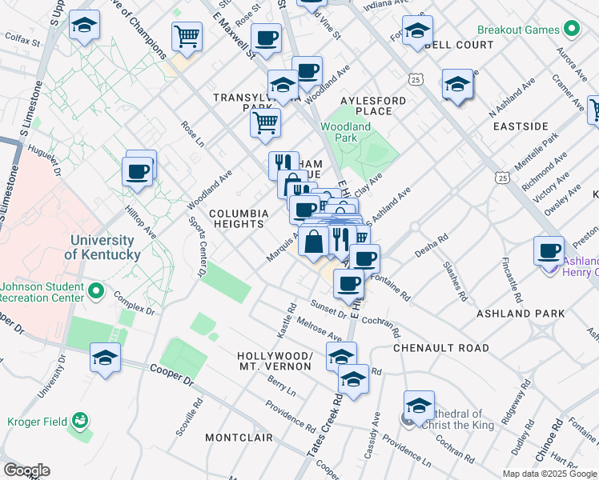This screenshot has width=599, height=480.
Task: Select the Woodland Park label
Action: click(345, 132)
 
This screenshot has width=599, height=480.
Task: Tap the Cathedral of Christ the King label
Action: click(455, 419)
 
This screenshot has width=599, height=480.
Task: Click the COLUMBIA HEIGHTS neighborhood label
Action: click(239, 219)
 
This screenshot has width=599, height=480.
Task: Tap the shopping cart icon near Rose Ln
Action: click(265, 123)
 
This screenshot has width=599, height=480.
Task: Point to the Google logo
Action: click(26, 470)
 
